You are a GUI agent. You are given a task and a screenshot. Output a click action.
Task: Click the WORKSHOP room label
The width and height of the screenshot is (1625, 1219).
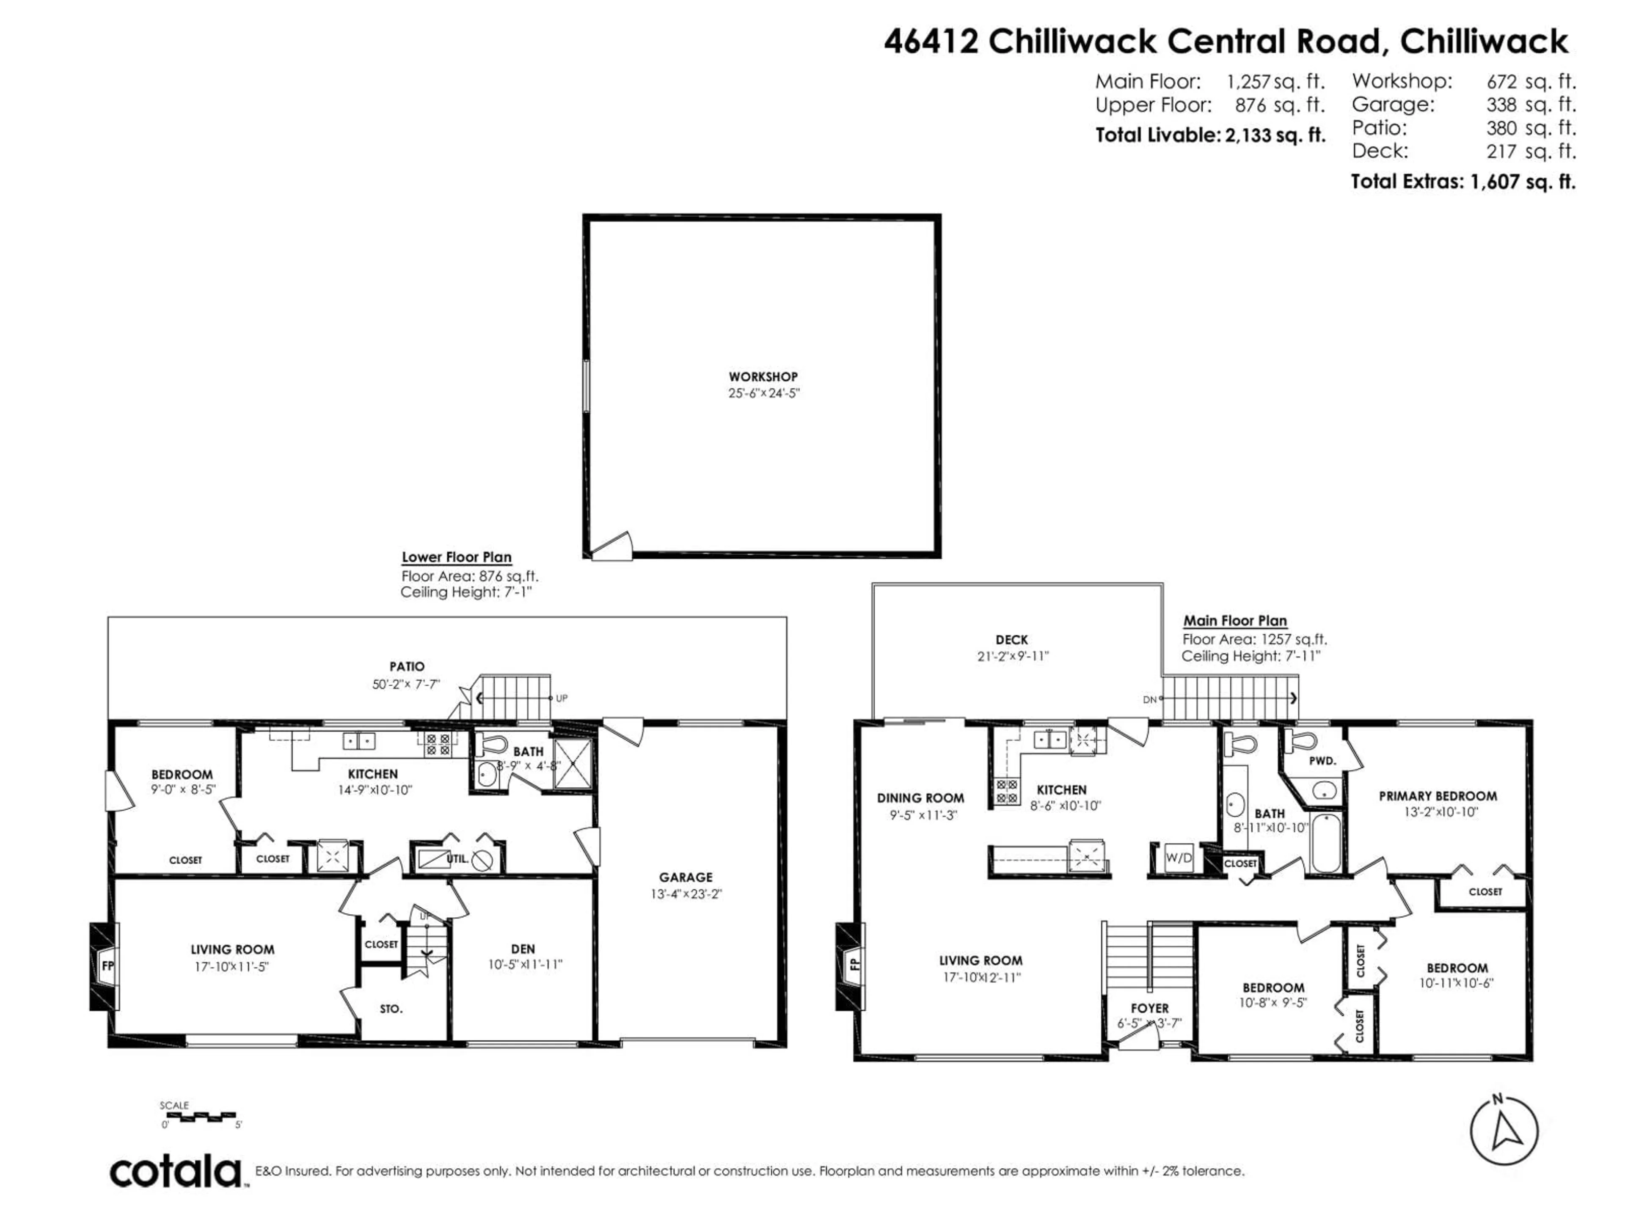click(x=763, y=377)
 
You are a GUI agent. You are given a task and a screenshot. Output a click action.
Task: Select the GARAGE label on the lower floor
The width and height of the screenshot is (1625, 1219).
click(x=686, y=877)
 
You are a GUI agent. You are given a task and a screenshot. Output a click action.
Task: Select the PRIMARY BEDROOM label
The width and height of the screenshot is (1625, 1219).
click(x=1438, y=796)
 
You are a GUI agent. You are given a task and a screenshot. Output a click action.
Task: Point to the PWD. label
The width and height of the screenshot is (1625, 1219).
click(x=1322, y=761)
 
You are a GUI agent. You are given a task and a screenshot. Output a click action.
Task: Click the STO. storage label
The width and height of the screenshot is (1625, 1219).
click(x=391, y=1009)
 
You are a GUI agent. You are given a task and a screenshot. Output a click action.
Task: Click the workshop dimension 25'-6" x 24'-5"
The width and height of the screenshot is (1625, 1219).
click(x=763, y=393)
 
